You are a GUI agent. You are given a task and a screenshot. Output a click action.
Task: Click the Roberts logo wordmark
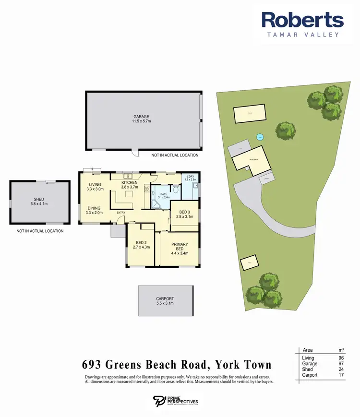click(302, 21)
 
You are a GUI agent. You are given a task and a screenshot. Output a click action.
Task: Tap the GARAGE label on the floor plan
click(142, 117)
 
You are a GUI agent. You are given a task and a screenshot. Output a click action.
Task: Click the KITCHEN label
click(130, 183)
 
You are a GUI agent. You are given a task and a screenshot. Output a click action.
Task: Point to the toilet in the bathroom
click(176, 191)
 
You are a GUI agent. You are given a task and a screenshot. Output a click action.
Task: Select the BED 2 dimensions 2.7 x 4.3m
click(142, 248)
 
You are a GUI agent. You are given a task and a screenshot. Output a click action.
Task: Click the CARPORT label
click(165, 298)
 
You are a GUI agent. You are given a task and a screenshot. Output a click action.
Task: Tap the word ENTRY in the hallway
click(120, 213)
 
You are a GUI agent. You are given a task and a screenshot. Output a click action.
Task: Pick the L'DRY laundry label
click(191, 178)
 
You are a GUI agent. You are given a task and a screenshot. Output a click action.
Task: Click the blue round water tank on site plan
click(260, 136)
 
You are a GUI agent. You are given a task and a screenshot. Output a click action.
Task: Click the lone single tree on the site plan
click(285, 130)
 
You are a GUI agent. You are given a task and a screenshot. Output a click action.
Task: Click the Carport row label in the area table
click(310, 375)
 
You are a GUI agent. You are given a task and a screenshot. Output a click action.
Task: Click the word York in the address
click(232, 365)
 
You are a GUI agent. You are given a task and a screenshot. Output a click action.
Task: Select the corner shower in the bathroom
click(156, 204)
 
